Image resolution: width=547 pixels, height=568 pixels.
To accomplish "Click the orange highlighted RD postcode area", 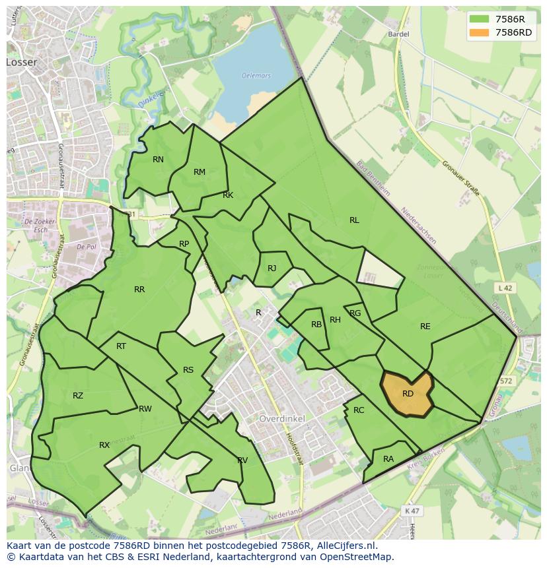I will [407, 394].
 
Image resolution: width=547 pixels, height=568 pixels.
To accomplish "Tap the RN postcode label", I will [158, 160].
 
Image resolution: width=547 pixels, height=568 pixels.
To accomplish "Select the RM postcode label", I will [200, 172].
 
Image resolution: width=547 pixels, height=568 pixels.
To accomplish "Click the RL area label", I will [354, 220].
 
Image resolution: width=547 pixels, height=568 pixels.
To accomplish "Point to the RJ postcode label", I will [272, 268].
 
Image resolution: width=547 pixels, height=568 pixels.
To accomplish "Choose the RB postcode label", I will [316, 325].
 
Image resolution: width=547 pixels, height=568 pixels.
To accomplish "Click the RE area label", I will [425, 327].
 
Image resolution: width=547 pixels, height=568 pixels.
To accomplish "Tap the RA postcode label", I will [388, 459].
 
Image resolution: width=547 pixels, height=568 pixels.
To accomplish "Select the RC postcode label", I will [359, 410].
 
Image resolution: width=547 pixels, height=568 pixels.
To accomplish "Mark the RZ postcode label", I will [78, 396].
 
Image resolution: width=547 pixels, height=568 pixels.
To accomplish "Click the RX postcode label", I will [104, 445].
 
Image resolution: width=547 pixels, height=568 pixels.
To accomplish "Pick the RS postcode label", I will [188, 370].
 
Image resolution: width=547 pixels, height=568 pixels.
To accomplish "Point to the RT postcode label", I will [121, 346].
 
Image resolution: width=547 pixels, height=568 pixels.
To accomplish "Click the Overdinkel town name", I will [281, 419].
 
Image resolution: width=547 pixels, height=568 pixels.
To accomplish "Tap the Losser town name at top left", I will [22, 62].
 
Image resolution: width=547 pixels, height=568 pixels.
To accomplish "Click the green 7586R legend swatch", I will [479, 19].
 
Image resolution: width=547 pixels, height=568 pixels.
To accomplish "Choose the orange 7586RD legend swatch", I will [479, 32].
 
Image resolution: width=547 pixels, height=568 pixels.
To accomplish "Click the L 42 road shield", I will [505, 288].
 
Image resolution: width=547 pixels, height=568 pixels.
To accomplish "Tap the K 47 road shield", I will [412, 511].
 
